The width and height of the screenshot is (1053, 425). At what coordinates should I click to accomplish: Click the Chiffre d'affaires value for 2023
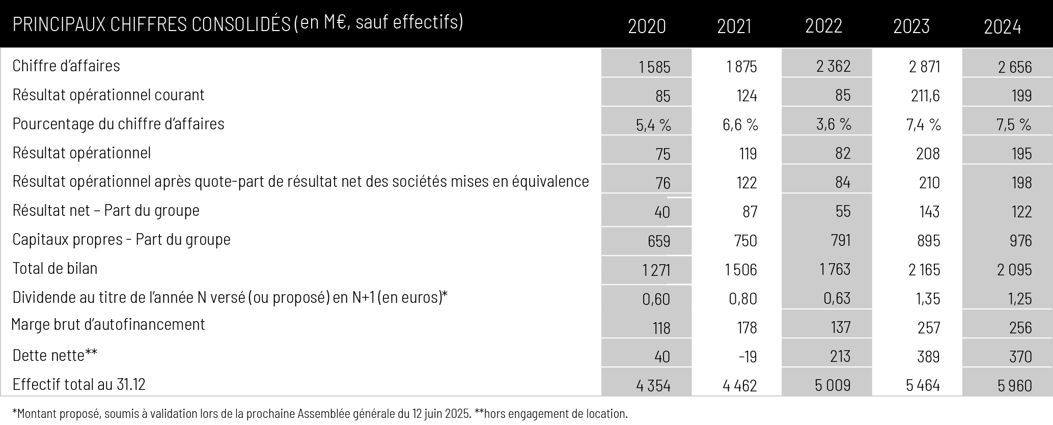click(x=925, y=67)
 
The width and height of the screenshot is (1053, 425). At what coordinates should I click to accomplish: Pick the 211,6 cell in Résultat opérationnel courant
click(x=925, y=96)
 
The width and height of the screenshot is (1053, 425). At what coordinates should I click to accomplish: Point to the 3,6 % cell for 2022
click(x=834, y=125)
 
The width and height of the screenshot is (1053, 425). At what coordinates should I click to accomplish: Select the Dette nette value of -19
click(x=748, y=356)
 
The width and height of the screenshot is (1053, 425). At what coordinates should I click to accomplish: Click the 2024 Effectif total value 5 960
click(x=1015, y=385)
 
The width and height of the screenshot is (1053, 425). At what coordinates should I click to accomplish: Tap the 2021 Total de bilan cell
click(x=741, y=269)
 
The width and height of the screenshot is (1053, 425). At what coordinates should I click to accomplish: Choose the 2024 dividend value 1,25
click(x=1020, y=298)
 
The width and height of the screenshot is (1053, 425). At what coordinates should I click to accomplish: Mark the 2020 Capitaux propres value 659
click(x=659, y=240)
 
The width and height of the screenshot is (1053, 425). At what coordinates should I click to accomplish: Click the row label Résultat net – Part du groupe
click(x=106, y=210)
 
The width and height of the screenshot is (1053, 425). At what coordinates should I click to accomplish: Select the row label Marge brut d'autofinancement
click(x=108, y=324)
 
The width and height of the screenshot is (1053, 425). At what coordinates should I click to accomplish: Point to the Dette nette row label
click(x=54, y=355)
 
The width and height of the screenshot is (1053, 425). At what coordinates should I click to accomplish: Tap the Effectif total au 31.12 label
click(x=79, y=384)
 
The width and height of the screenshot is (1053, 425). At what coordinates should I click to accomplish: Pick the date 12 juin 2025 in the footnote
click(x=441, y=413)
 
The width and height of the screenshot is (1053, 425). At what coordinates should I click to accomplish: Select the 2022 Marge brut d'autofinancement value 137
click(x=841, y=327)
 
